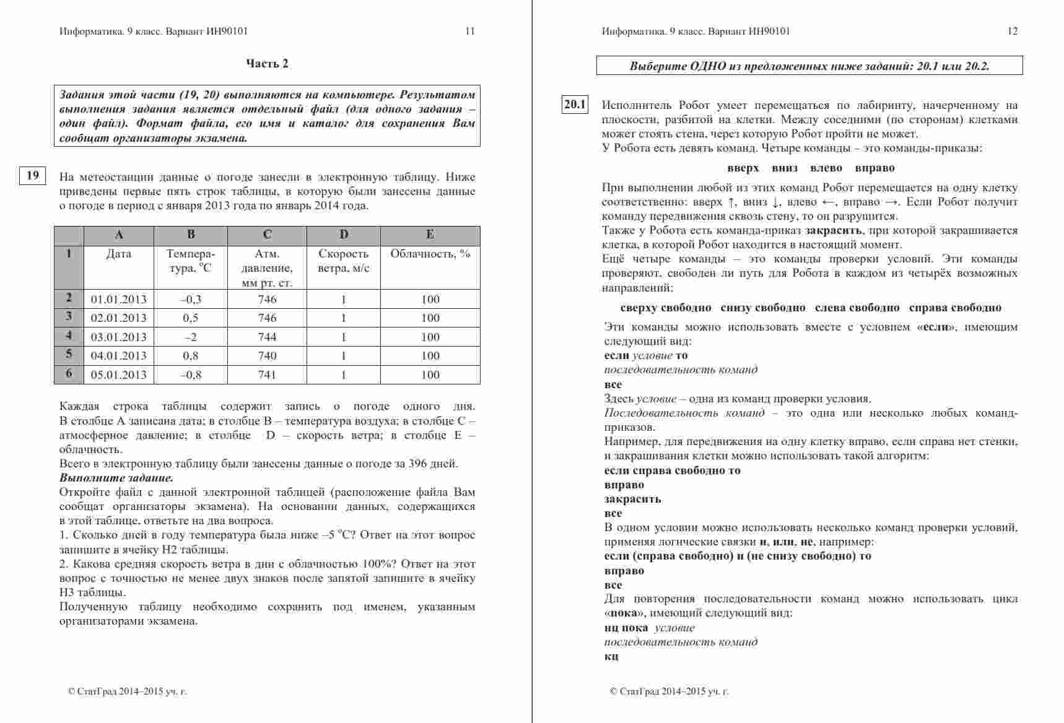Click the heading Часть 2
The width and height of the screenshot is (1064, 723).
tap(267, 64)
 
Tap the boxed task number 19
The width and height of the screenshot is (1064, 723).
tap(32, 176)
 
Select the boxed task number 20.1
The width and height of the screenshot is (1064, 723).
tap(575, 105)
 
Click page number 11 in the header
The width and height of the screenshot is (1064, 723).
tap(470, 31)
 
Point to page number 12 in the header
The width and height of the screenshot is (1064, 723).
tap(1013, 31)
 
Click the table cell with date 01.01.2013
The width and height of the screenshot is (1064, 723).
tap(119, 300)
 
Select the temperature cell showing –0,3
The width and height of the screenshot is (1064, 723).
tap(191, 300)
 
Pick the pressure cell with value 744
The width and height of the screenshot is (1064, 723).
tap(267, 337)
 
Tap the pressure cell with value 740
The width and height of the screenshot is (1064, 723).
tap(267, 356)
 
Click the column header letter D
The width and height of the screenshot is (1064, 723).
tap(344, 235)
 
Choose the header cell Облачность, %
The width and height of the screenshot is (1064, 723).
tap(430, 254)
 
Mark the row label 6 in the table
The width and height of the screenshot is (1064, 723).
tap(69, 374)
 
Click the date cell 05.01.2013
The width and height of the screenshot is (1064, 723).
tap(119, 375)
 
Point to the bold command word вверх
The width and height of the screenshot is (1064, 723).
tap(743, 168)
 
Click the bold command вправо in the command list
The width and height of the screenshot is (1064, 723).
tap(874, 168)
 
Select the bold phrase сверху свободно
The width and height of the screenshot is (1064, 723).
tap(666, 308)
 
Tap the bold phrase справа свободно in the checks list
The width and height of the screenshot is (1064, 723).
tap(955, 308)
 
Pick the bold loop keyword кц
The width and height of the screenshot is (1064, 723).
tap(611, 657)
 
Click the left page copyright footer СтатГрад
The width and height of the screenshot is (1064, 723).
tap(127, 692)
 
